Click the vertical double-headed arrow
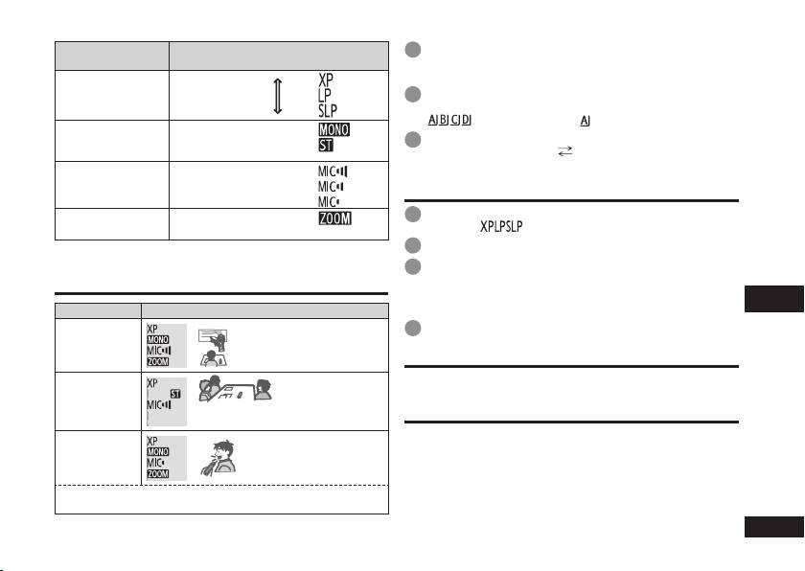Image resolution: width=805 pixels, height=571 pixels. tap(278, 97)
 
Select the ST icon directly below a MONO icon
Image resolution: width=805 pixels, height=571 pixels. tap(328, 145)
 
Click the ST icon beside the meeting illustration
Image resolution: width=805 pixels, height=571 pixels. tap(175, 393)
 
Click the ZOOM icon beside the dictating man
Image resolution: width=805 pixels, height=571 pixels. tap(158, 473)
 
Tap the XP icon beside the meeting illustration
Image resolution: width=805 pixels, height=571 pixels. tap(152, 381)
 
